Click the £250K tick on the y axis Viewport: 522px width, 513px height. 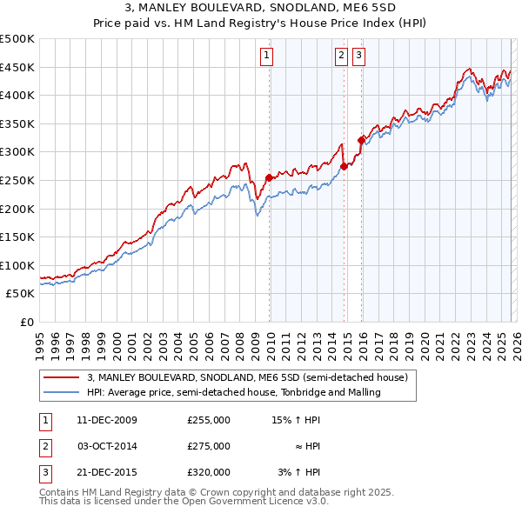(x=17, y=180)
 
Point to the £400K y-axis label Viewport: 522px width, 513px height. (x=17, y=95)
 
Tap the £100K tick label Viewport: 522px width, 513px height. (x=17, y=265)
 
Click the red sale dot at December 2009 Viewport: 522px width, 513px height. (x=269, y=177)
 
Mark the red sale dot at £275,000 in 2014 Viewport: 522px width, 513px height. (x=344, y=166)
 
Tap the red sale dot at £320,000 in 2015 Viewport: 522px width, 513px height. (x=362, y=141)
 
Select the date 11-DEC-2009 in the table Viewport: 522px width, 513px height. (x=107, y=420)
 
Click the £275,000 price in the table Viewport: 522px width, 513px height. (x=208, y=446)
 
